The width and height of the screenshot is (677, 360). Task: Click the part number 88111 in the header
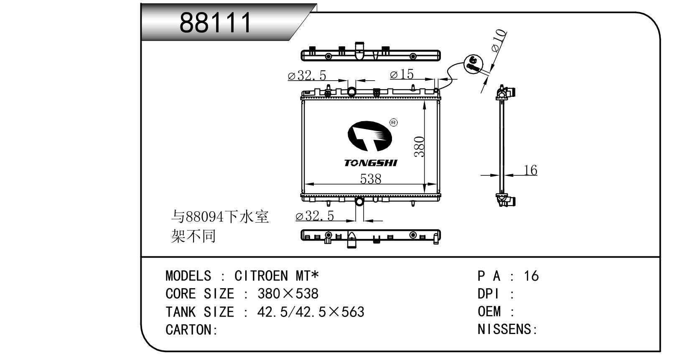tap(216, 23)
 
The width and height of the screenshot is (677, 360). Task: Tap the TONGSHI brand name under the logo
tap(370, 163)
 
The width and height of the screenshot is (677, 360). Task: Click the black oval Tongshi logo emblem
tap(369, 136)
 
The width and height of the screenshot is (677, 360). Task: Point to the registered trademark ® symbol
tap(393, 123)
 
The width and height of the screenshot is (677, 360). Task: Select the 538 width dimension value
tap(371, 179)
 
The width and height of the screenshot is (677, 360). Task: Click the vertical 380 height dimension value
tap(420, 147)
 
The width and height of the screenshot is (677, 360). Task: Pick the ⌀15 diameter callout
tap(402, 74)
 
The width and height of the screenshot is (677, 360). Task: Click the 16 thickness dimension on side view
tap(530, 170)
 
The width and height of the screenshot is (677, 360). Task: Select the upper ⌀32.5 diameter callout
tap(307, 76)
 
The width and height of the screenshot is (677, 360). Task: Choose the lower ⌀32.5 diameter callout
tap(315, 216)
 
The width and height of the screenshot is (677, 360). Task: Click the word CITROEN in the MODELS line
tap(261, 276)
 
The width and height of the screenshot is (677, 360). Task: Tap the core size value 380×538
tap(288, 294)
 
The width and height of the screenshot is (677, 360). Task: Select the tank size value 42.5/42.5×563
tap(311, 312)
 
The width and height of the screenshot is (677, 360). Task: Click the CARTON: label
tap(191, 330)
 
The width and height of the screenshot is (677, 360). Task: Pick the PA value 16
tap(531, 276)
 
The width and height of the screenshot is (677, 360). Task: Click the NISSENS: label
tap(507, 330)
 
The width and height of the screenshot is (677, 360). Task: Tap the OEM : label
tap(496, 312)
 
